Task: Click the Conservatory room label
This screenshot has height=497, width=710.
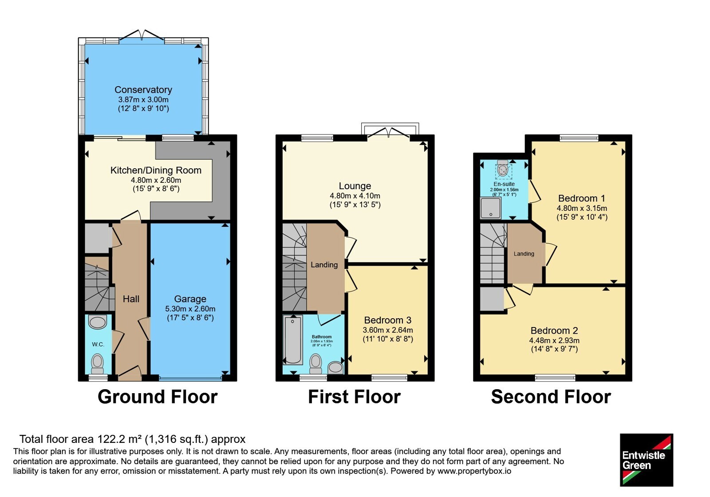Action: pos(143,90)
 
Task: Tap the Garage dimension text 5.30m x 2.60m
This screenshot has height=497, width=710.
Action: pos(190,309)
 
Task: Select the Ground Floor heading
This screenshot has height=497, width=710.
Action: pos(158,397)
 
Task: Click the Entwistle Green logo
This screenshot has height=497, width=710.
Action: pos(647,460)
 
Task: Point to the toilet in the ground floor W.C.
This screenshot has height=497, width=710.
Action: pos(97,364)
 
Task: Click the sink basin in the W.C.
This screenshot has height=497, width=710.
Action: pos(97,322)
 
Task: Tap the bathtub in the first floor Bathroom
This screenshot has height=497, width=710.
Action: pos(292,339)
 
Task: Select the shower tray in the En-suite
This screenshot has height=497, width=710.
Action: pos(491,208)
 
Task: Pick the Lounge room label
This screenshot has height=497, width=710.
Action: pos(355,186)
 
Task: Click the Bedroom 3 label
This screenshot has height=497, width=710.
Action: pos(388,320)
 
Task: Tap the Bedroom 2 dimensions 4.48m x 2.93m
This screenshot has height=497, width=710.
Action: pos(554,340)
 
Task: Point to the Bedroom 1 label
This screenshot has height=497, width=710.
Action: pos(582,198)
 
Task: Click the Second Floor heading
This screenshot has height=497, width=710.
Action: pos(551,397)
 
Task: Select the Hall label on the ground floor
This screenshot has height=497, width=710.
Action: pos(131,299)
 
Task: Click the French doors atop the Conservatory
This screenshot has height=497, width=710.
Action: pos(142,35)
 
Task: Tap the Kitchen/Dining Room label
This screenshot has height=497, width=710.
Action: pos(156,170)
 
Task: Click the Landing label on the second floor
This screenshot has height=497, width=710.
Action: pos(524,254)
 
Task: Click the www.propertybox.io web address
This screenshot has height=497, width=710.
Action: pos(474,471)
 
